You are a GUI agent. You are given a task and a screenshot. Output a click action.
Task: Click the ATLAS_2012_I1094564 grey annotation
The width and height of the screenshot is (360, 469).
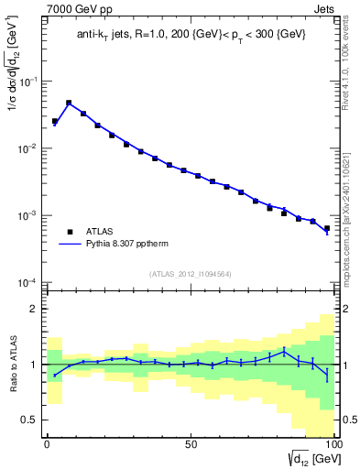[191, 274]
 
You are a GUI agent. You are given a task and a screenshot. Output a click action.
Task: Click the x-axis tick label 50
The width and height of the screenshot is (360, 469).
[191, 443]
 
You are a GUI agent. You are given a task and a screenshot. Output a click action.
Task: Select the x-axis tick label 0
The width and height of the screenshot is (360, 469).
[47, 443]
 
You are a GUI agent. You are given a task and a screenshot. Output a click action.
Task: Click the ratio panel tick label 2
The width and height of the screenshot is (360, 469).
[34, 309]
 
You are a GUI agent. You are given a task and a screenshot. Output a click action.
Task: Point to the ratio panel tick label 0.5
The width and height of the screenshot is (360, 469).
[30, 420]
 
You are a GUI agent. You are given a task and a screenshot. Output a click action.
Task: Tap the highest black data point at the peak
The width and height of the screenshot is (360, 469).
[69, 103]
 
